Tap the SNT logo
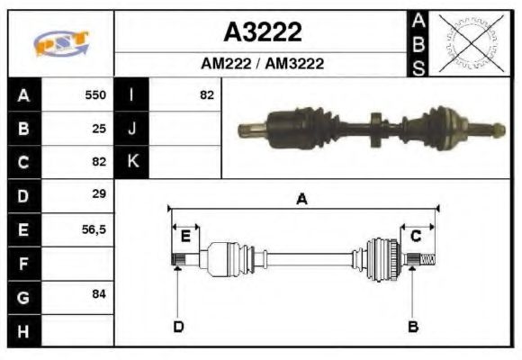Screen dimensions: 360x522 coord(61,43)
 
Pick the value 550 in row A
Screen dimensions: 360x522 coord(95,94)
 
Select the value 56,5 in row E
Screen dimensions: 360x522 coord(94,229)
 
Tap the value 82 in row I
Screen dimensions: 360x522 coord(207,94)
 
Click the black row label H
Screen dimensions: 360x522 coord(23,330)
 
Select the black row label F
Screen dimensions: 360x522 coord(23,263)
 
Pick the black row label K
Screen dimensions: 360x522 coord(132,162)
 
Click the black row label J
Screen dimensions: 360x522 coord(132,129)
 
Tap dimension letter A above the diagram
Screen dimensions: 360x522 coord(302,200)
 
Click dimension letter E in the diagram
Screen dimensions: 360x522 coord(185,237)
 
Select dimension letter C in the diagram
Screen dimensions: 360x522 coord(416,237)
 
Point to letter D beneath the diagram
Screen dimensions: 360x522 coord(178,326)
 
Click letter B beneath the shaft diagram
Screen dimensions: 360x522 coord(413,326)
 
